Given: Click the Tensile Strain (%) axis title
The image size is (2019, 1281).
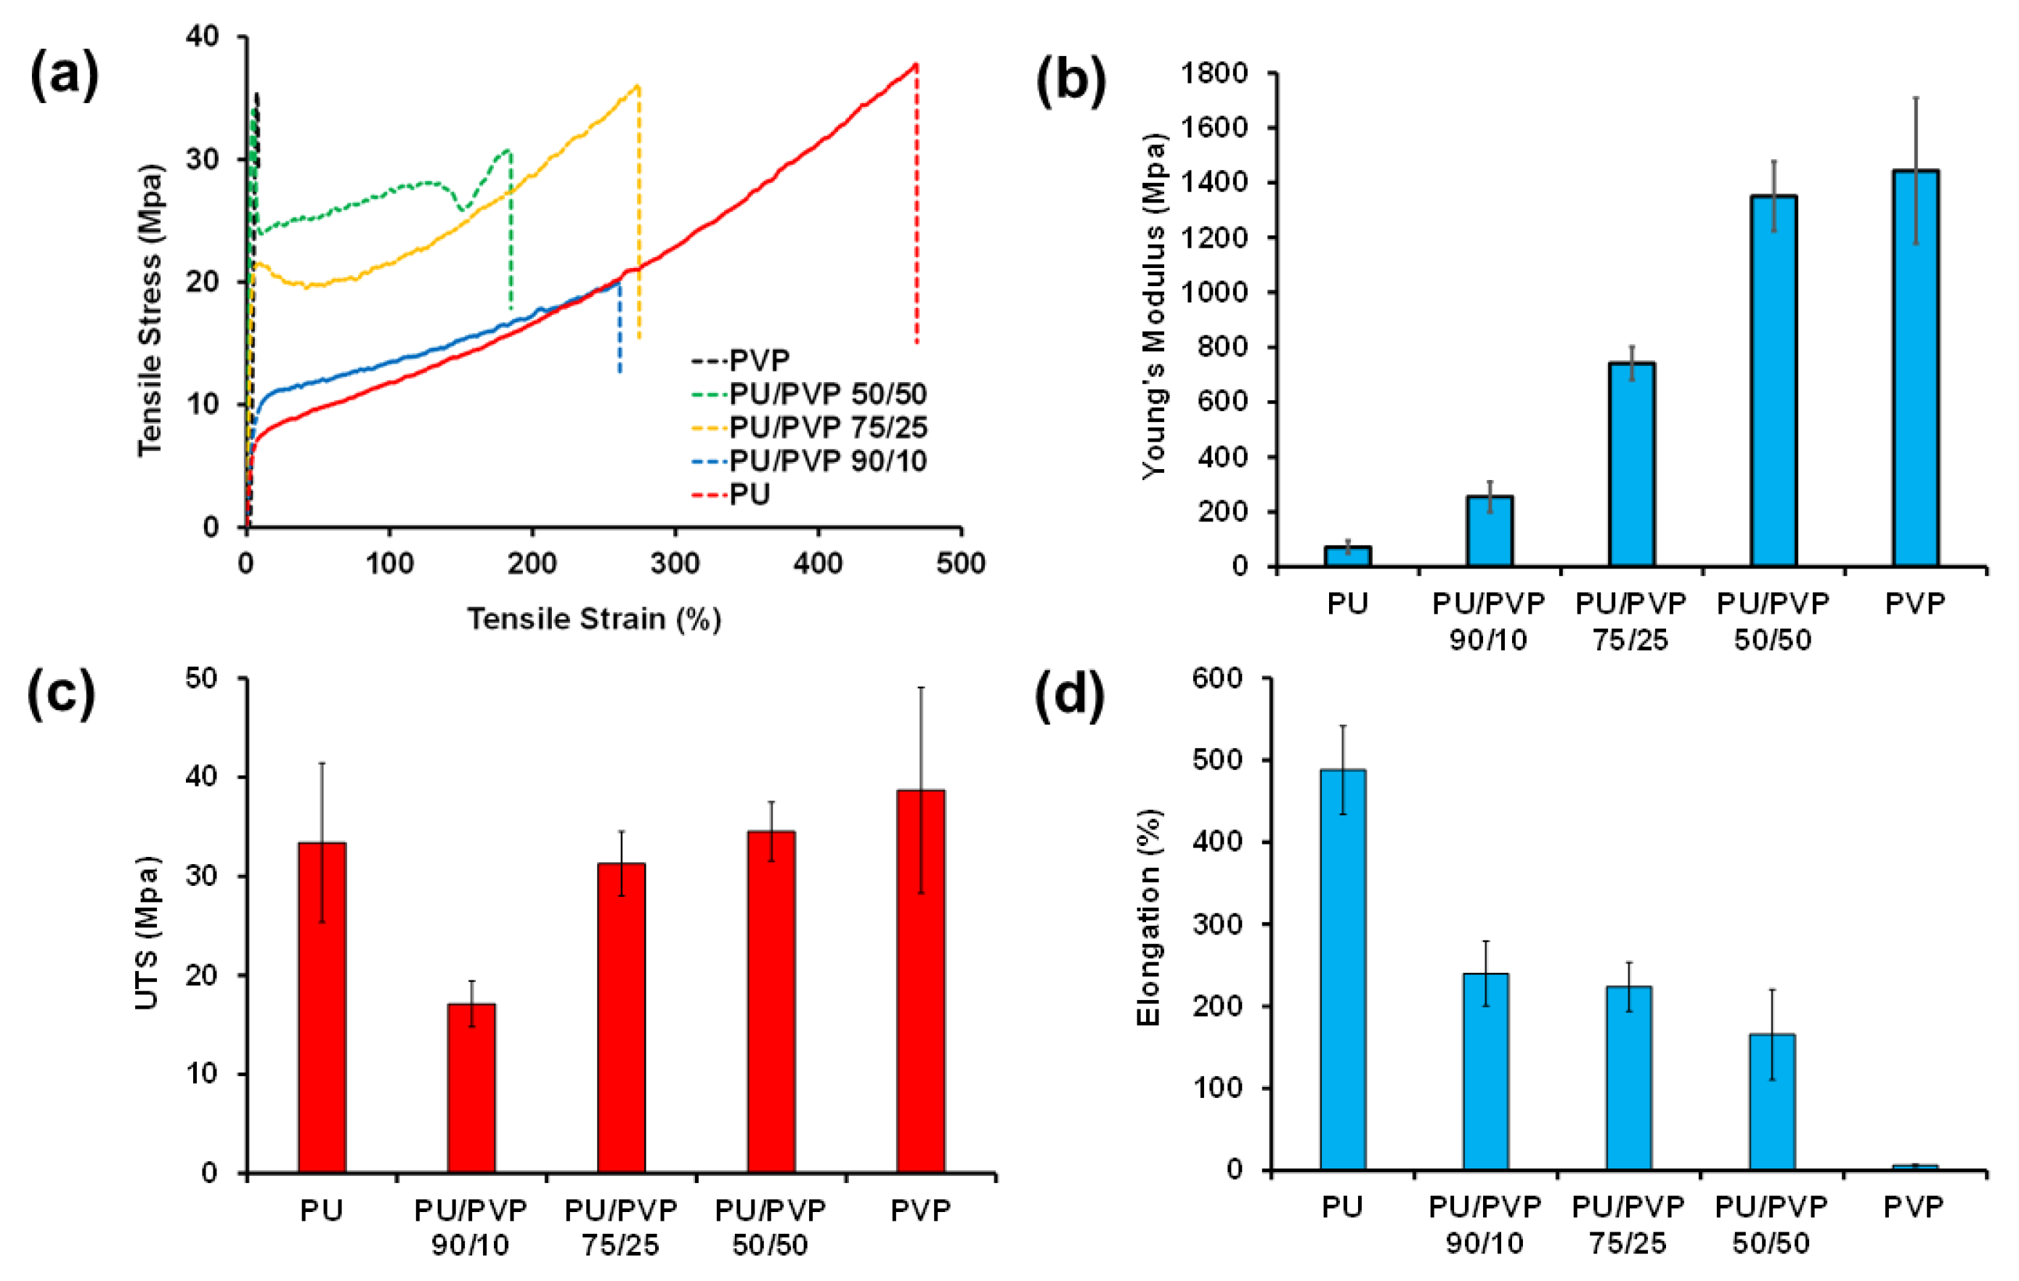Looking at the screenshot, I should [593, 619].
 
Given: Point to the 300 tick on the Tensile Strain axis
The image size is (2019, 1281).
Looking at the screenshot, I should [675, 564].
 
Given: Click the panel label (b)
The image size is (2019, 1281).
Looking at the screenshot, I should [1071, 81].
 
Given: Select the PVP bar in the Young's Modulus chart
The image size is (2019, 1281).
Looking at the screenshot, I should [1915, 369].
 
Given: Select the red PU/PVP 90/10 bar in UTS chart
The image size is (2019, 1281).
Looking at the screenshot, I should [471, 1087].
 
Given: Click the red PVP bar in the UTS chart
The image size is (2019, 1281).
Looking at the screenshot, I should [921, 981].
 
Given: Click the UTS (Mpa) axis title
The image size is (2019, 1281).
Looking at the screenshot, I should [147, 932].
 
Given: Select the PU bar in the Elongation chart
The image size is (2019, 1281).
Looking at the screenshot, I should [1342, 969].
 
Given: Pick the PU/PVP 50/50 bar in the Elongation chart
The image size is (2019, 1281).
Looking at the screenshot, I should [1771, 1102].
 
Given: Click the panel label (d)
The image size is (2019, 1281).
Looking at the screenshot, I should [1069, 694].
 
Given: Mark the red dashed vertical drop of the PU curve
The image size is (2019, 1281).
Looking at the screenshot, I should [917, 210].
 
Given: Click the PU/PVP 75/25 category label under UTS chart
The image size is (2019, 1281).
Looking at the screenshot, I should [620, 1227].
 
